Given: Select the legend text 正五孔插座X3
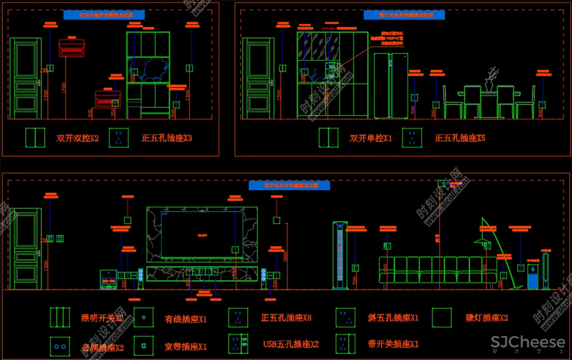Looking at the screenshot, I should coord(167,138).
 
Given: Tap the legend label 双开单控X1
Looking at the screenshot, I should coord(371,138).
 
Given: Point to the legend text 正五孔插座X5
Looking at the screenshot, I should coord(460,138).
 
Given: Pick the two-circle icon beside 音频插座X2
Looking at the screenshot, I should coord(59,345).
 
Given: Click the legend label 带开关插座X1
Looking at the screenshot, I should coord(394,344).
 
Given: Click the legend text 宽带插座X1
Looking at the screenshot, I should coord(186,346).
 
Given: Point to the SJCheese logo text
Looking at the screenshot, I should coord(528,342).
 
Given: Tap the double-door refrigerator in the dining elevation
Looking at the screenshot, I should coord(391,86).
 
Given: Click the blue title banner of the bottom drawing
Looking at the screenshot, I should coord(289,185).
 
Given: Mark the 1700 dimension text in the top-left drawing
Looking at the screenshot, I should coord(64,88).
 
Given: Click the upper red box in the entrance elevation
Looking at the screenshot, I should coord(72,47).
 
